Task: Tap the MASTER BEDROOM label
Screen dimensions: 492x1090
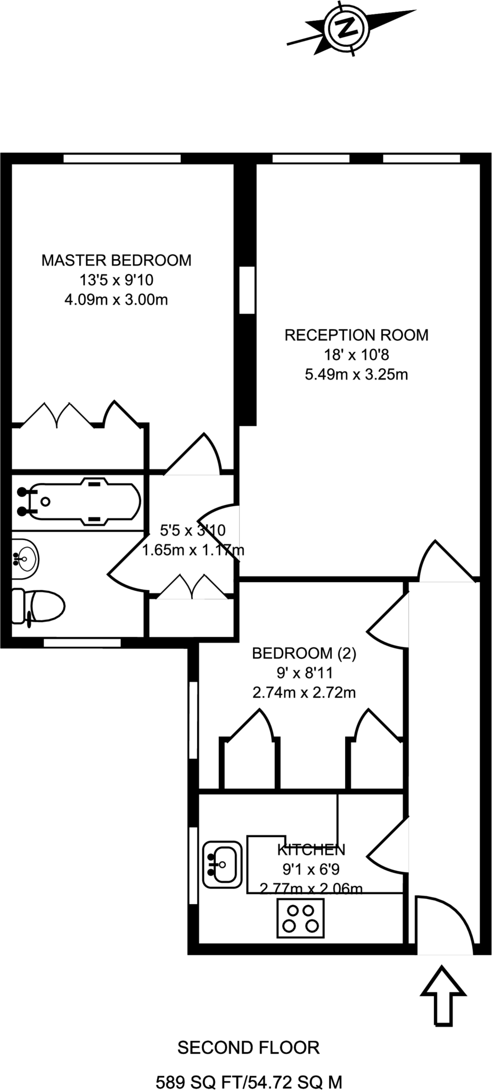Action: click(x=117, y=260)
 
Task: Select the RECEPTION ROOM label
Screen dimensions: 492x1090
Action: click(x=356, y=335)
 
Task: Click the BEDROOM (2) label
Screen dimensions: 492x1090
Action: click(x=304, y=653)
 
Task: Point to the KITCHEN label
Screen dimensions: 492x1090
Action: click(x=311, y=849)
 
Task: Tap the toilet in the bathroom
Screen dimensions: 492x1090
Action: click(x=38, y=606)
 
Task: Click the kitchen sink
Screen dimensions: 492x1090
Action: click(x=223, y=865)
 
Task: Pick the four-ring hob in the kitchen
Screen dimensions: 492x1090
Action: click(x=300, y=918)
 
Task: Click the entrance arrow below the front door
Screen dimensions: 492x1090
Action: click(x=443, y=996)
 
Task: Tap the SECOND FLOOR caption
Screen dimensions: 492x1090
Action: click(x=249, y=1048)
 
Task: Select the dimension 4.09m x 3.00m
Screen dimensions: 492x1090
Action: click(x=116, y=300)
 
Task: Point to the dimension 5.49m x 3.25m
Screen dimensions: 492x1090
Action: click(x=356, y=375)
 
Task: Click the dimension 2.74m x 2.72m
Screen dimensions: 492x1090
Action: click(x=304, y=693)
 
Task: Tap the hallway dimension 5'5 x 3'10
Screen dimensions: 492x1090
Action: click(x=193, y=530)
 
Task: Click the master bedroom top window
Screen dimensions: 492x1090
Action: click(x=122, y=159)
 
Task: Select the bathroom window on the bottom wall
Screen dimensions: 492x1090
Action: click(x=82, y=643)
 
